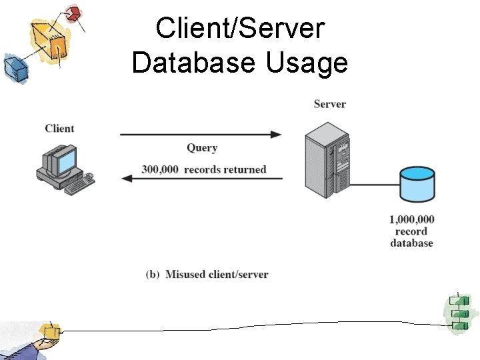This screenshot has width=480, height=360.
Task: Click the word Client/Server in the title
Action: pyautogui.click(x=239, y=29)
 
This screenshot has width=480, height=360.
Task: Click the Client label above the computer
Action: pyautogui.click(x=59, y=128)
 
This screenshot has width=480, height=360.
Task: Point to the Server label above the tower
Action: pyautogui.click(x=329, y=104)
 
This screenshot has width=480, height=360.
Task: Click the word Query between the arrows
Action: pyautogui.click(x=202, y=148)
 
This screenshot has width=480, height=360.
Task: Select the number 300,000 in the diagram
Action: pyautogui.click(x=160, y=169)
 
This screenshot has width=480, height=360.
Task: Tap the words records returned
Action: pyautogui.click(x=225, y=169)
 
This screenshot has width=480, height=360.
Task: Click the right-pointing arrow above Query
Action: pyautogui.click(x=200, y=135)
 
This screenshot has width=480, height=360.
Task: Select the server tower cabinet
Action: pyautogui.click(x=326, y=163)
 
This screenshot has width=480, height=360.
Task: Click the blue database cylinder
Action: pyautogui.click(x=417, y=184)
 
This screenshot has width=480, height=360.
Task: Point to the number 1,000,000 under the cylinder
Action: pyautogui.click(x=411, y=219)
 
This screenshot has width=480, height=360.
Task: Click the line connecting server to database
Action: pyautogui.click(x=375, y=183)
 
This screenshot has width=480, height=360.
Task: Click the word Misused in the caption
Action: pyautogui.click(x=186, y=275)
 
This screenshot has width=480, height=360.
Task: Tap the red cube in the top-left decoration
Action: pyautogui.click(x=74, y=13)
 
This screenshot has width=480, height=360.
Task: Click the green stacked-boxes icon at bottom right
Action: pyautogui.click(x=458, y=313)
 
